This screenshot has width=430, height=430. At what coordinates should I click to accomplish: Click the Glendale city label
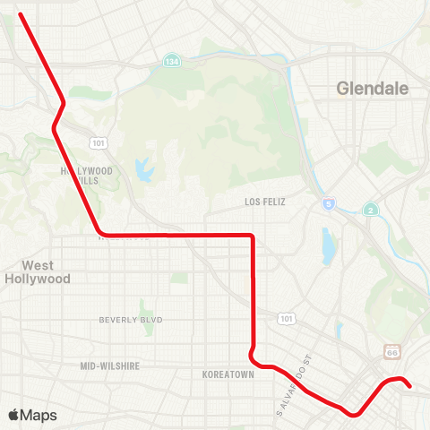coord(372,89)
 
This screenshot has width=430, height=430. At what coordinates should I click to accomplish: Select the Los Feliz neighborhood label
coord(264,202)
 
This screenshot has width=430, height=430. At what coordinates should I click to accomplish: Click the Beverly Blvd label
coord(129,320)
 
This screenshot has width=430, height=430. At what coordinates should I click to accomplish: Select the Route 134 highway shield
coord(171,61)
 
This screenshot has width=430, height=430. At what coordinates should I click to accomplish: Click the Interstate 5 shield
coord(330,204)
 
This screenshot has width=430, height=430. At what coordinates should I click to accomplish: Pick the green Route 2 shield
coord(370,209)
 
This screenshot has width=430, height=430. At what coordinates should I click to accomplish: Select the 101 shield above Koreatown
coord(286,318)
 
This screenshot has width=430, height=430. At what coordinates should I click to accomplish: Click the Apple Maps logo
coord(32,415)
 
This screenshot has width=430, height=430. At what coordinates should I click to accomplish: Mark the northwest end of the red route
coord(20,13)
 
